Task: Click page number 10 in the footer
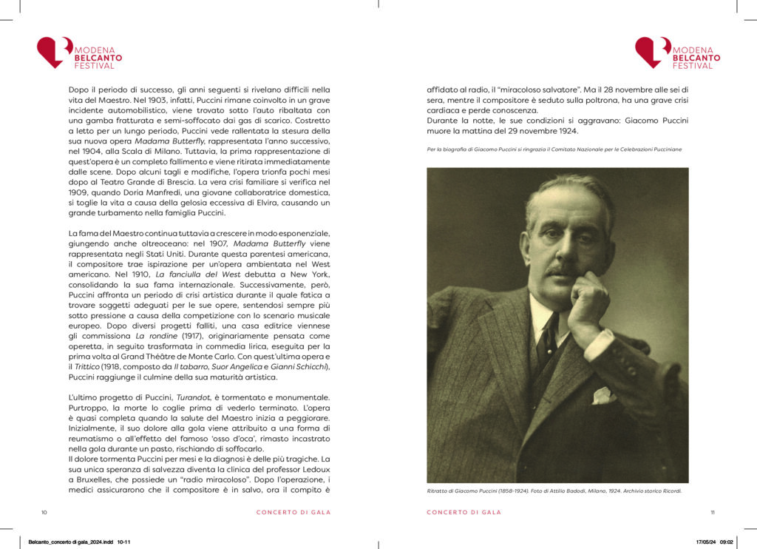[44, 512]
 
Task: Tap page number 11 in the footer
[712, 512]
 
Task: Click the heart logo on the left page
[54, 52]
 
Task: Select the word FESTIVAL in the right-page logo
[693, 66]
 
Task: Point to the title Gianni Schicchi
[301, 366]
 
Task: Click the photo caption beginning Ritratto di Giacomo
[554, 491]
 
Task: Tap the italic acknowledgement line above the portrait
[554, 149]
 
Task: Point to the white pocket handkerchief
[602, 395]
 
